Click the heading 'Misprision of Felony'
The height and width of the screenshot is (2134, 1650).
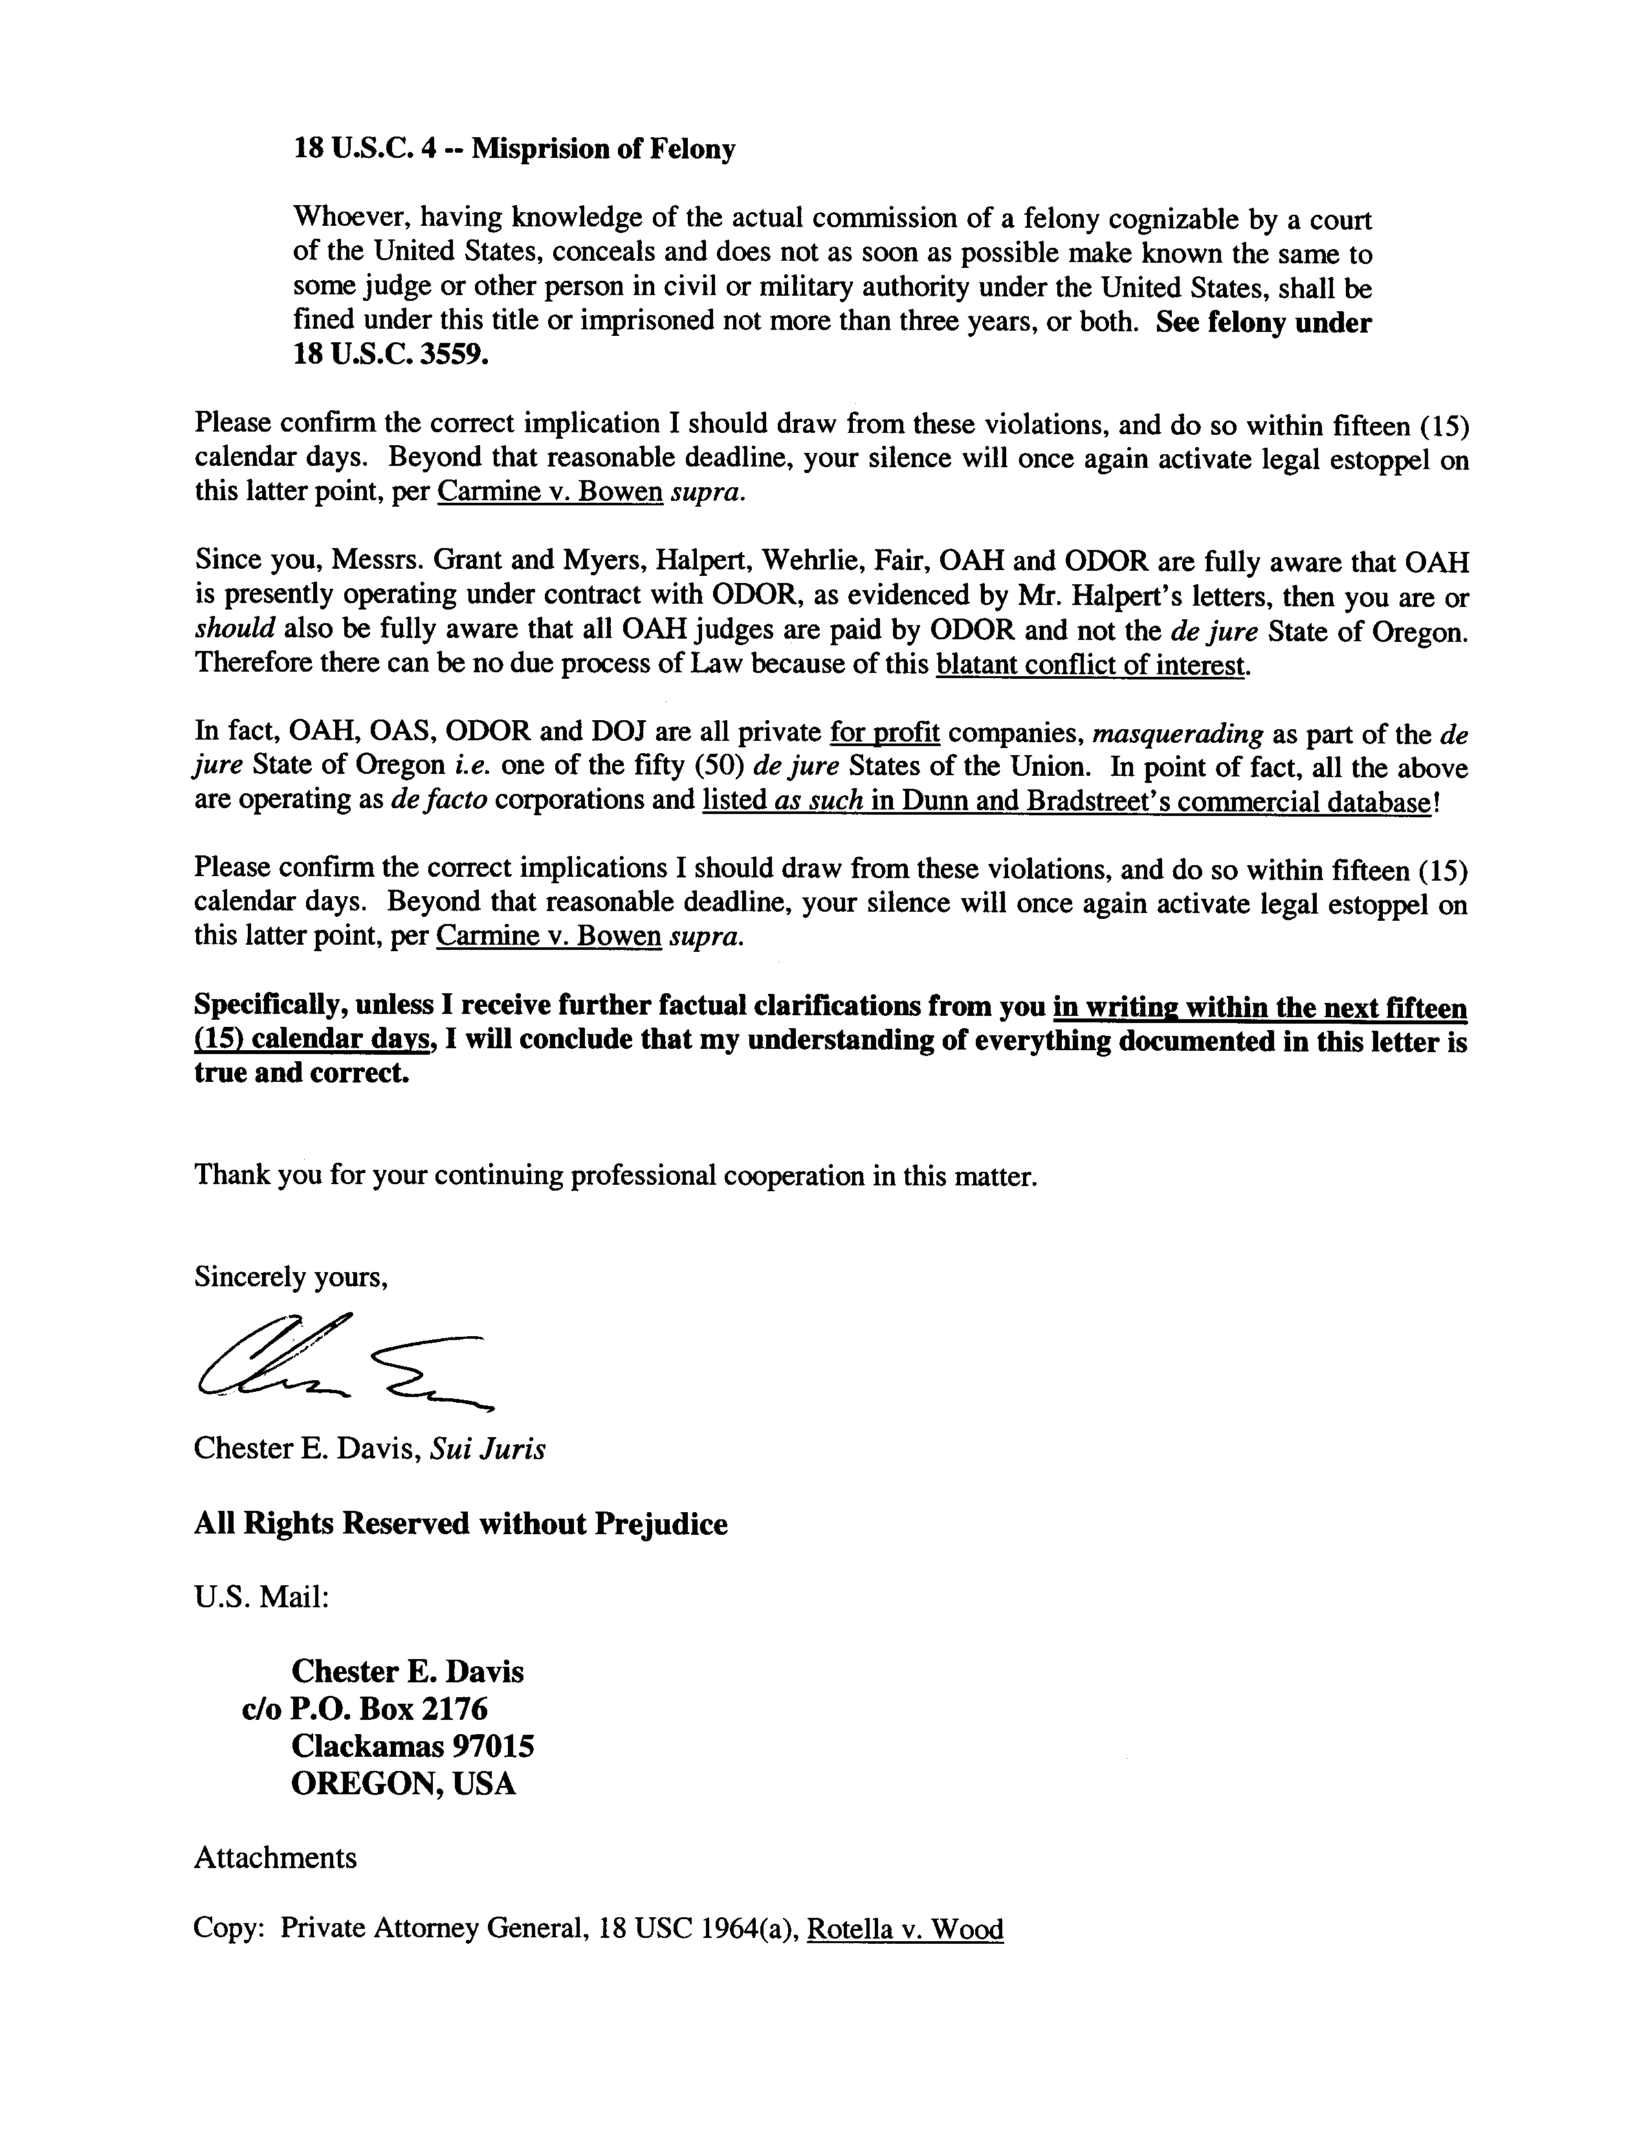click(x=603, y=149)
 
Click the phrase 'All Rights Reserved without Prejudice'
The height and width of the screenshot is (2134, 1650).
click(x=460, y=1524)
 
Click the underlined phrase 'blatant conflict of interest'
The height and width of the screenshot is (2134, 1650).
click(x=1091, y=665)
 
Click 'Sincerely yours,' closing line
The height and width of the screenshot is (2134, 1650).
click(x=291, y=1277)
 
